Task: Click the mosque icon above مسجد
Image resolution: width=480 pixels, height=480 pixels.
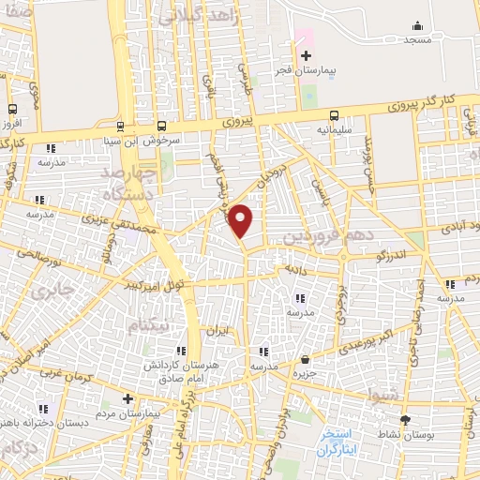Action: click(x=417, y=26)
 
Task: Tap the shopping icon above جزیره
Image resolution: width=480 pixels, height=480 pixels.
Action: click(x=306, y=359)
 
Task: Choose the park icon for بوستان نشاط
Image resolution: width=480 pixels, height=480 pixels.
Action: click(x=405, y=421)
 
